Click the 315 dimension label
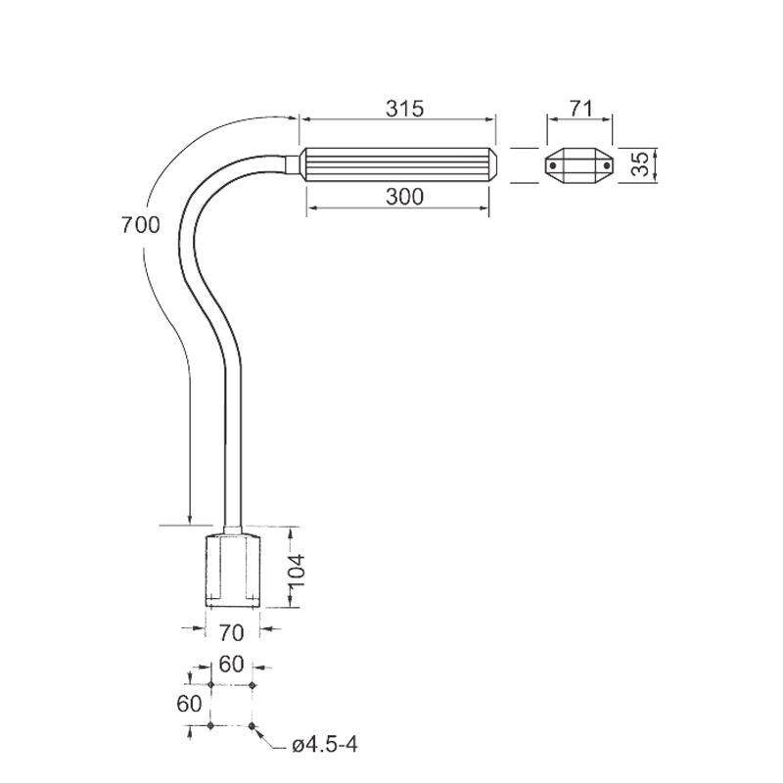[x=404, y=109]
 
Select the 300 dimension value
[x=404, y=197]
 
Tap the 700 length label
[x=140, y=225]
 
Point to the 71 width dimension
[x=580, y=109]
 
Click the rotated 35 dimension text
[x=640, y=163]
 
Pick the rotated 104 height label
[x=297, y=571]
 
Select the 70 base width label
[x=231, y=633]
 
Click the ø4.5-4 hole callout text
[x=325, y=746]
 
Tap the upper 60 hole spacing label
[x=231, y=665]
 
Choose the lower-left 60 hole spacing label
[x=189, y=704]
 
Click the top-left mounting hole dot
[x=210, y=684]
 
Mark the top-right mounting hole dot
[x=253, y=684]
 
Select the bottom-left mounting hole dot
[x=210, y=725]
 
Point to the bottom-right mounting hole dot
[x=253, y=725]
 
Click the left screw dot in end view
[x=553, y=165]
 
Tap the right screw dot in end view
[x=607, y=165]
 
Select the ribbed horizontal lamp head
[x=398, y=164]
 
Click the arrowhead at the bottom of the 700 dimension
[x=190, y=520]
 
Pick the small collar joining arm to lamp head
[x=293, y=164]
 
